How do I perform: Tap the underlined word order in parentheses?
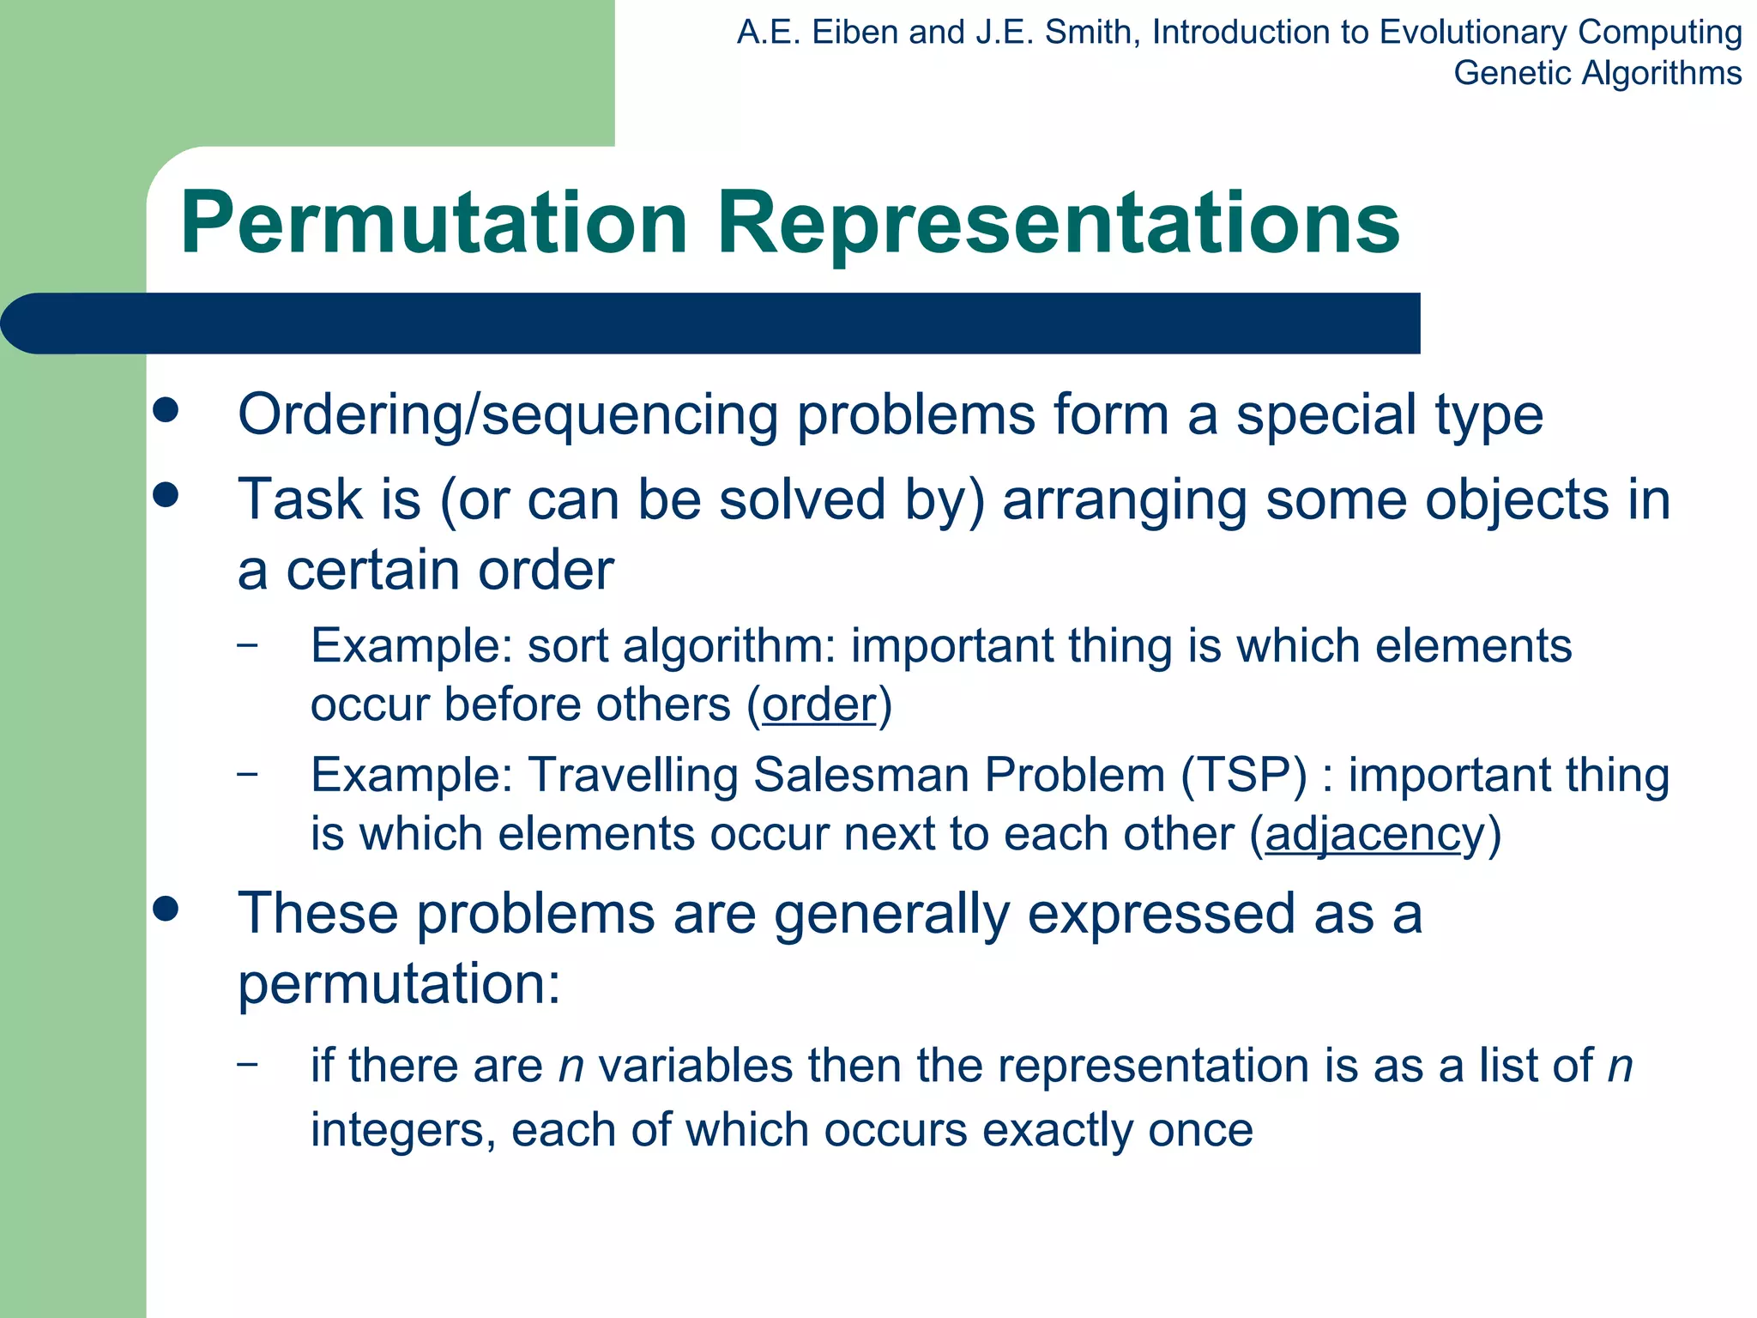pos(819,705)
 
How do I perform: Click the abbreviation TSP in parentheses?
pos(1244,775)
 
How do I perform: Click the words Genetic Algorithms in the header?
pos(1597,73)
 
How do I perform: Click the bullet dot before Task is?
pos(166,495)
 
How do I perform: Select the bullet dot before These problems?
pos(166,909)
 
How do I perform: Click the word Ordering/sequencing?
pos(509,415)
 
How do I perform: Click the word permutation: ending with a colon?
pos(399,983)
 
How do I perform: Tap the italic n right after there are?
pos(571,1067)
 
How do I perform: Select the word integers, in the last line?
pos(403,1130)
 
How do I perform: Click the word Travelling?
pos(632,775)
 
